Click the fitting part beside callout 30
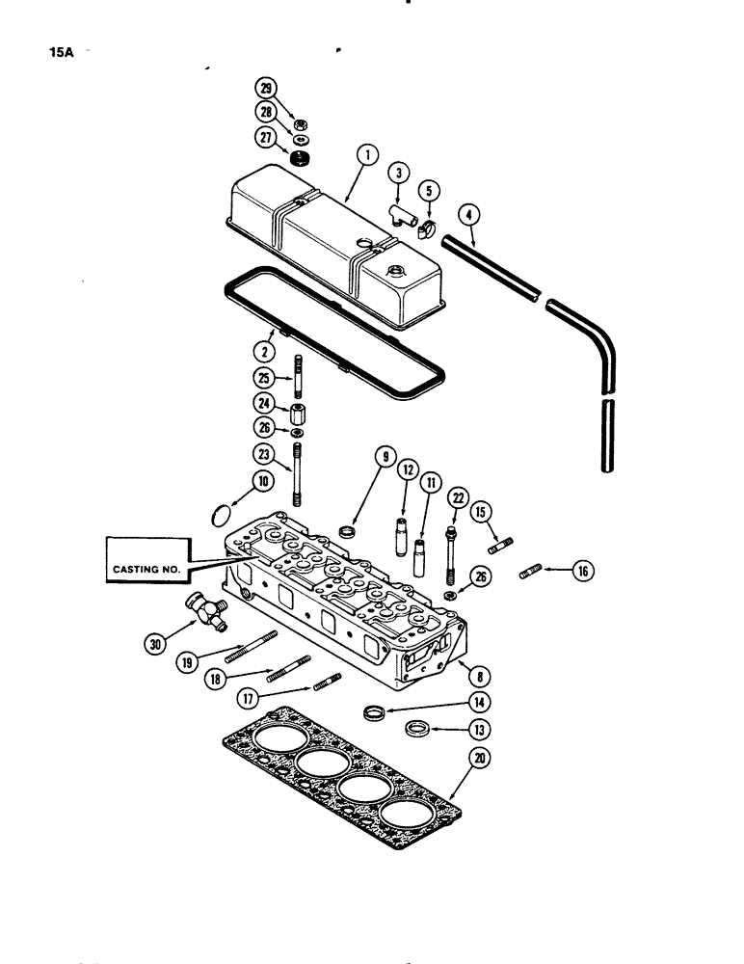click(x=207, y=611)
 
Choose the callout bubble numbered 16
click(x=582, y=572)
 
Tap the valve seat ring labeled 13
click(x=417, y=727)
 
